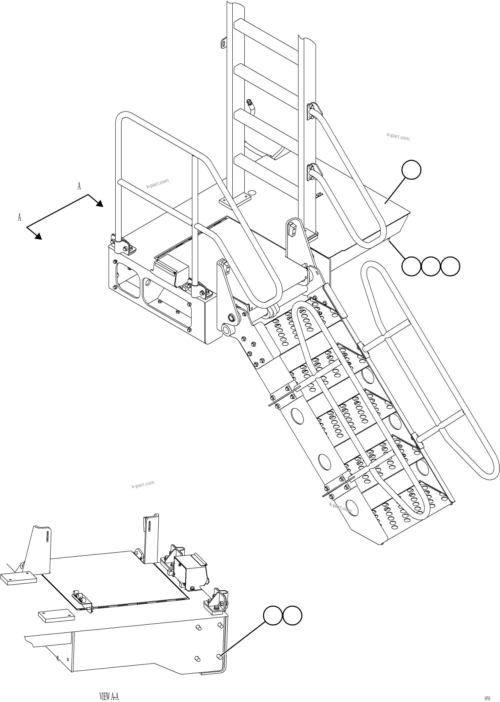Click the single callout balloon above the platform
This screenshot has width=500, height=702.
click(411, 170)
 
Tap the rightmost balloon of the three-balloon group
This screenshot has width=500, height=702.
click(450, 266)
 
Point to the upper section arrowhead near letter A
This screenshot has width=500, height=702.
click(99, 203)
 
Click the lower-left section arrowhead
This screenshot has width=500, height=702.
click(38, 236)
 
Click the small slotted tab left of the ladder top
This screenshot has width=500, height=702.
click(223, 43)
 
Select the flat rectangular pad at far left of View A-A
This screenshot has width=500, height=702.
click(18, 578)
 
